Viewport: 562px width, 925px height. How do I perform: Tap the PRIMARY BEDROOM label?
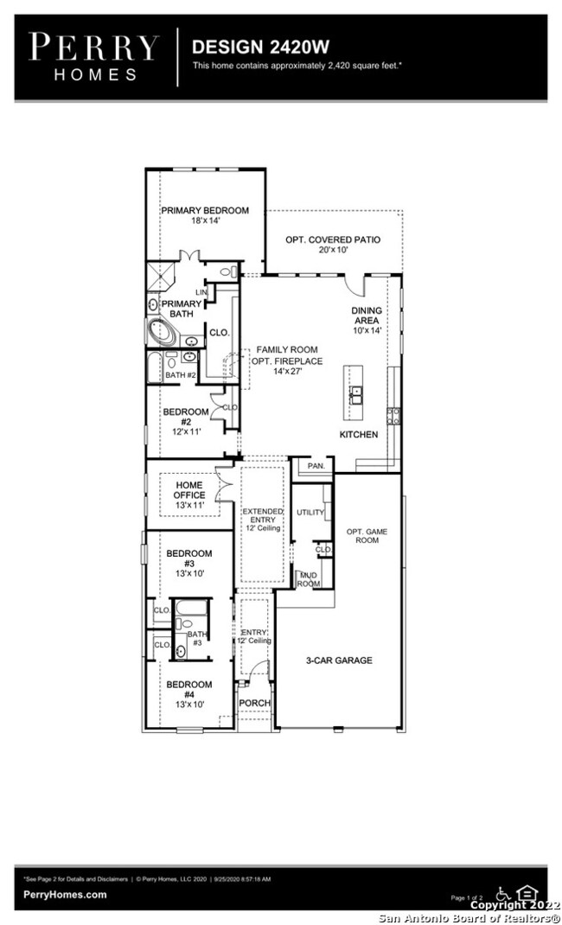point(205,210)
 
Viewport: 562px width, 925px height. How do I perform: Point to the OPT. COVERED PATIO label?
point(333,239)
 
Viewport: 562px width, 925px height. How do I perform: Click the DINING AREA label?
point(367,316)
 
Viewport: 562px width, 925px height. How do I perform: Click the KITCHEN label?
point(358,434)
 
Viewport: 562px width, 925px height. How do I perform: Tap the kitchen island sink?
point(355,394)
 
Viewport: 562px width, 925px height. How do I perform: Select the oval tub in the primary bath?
point(162,332)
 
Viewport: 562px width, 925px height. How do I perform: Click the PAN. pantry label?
point(316,466)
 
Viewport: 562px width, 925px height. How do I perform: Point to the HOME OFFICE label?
point(189,490)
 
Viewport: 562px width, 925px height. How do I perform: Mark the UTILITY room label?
point(310,513)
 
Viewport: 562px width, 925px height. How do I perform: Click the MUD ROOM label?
point(308,580)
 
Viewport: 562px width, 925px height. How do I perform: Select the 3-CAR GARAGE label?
point(339,660)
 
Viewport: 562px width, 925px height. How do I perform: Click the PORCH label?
point(254,703)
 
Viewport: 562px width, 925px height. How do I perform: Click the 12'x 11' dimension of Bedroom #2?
point(186,431)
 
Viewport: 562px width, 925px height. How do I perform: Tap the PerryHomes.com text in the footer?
point(65,895)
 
